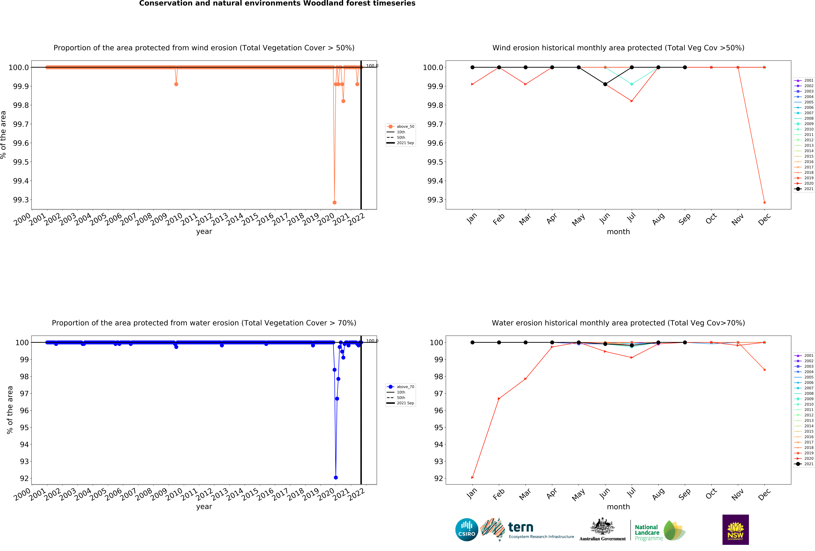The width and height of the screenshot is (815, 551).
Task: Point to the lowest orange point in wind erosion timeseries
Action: point(334,202)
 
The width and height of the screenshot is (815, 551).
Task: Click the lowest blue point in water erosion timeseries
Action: point(336,477)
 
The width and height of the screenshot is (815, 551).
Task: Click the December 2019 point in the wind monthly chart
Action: point(764,202)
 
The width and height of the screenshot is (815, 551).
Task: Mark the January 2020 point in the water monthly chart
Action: point(472,477)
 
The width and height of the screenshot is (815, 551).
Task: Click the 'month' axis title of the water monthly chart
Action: point(618,507)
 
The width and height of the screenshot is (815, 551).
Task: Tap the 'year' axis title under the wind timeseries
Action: point(204,231)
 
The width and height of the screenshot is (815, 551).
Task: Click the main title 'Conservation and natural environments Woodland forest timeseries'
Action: point(277,4)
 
